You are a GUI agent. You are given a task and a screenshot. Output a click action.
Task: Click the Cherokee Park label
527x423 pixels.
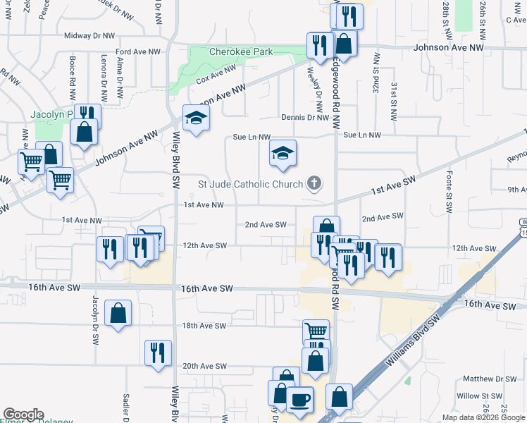click(240, 51)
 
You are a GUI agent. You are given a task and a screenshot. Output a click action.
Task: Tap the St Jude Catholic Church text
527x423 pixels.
click(250, 185)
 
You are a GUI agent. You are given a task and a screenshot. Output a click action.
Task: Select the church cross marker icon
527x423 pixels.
click(314, 185)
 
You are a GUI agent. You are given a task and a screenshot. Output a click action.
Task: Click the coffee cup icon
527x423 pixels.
click(300, 400)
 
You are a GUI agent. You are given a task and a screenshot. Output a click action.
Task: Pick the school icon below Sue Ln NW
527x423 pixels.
click(283, 154)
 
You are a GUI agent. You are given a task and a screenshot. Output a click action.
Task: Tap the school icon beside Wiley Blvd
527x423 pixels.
click(196, 118)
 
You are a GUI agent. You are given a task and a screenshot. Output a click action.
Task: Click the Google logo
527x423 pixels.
click(23, 415)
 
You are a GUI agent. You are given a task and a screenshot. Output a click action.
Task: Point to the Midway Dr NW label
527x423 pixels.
click(89, 35)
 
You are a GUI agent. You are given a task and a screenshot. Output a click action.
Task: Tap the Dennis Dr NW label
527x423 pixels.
click(304, 118)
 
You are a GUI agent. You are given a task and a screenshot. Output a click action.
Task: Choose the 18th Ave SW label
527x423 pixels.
click(204, 326)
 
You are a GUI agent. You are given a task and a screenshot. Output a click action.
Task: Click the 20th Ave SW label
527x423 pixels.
click(204, 366)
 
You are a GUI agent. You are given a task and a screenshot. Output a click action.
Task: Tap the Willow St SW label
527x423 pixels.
click(477, 396)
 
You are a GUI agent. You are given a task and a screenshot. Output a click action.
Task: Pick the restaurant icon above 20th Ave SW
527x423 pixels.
click(158, 352)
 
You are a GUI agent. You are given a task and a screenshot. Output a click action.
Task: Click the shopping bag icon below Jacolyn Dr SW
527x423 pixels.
click(118, 313)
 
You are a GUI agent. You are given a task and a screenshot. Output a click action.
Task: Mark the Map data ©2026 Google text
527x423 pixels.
click(483, 417)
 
